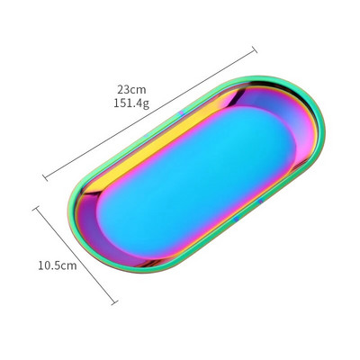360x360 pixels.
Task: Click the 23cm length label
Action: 131,89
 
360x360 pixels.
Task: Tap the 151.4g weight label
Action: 131,103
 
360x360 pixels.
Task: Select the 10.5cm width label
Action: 58,265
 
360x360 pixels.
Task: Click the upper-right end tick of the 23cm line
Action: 255,49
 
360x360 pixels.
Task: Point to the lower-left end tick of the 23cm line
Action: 45,177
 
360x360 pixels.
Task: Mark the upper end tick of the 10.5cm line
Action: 36,208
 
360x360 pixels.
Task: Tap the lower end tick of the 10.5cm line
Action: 114,302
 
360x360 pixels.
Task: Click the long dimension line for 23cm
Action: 150,113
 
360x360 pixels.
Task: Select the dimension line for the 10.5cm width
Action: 76,256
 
